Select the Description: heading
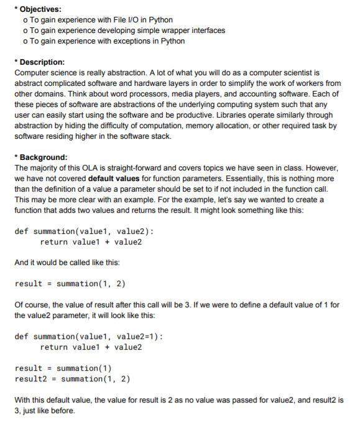(42, 62)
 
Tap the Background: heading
(44, 157)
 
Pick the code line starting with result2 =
(72, 378)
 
